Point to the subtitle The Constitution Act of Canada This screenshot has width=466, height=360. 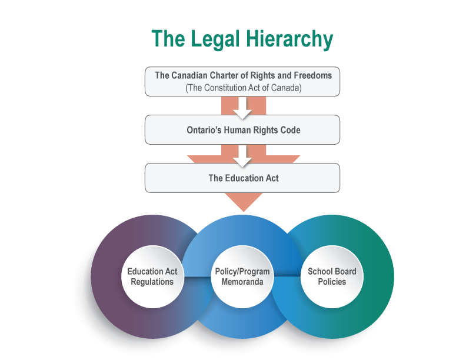pyautogui.click(x=242, y=88)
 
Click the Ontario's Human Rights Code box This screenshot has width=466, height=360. pyautogui.click(x=242, y=130)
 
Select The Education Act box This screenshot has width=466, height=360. pyautogui.click(x=242, y=178)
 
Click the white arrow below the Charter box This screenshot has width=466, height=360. pyautogui.click(x=242, y=107)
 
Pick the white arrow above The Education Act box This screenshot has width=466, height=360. pyautogui.click(x=242, y=155)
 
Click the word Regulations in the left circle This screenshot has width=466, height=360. pyautogui.click(x=152, y=282)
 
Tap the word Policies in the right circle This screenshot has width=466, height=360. pyautogui.click(x=332, y=282)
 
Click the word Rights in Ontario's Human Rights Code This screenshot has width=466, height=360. pyautogui.click(x=262, y=130)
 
